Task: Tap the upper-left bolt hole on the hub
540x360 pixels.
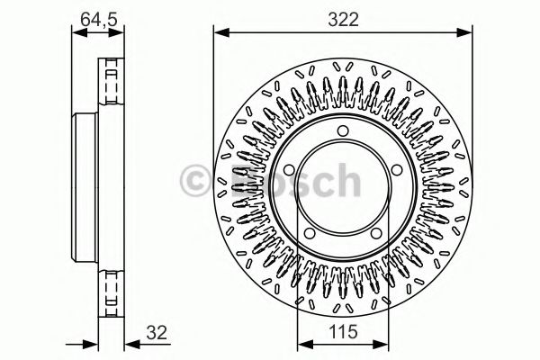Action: coord(288,172)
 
